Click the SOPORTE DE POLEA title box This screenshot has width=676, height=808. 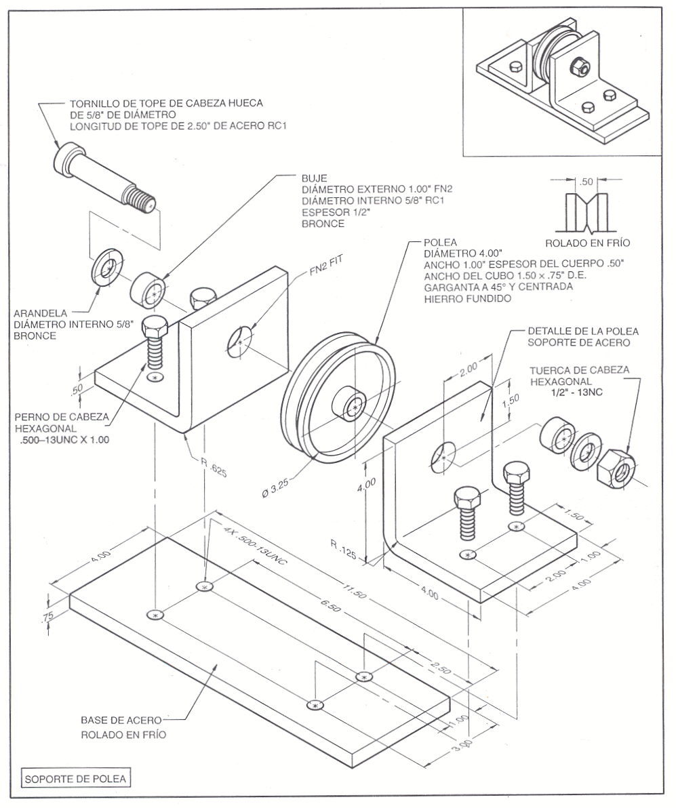tap(75, 779)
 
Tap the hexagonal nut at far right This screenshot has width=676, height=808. tap(616, 466)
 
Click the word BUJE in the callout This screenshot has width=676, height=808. tap(314, 178)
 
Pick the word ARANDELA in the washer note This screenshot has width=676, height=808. tap(40, 313)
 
